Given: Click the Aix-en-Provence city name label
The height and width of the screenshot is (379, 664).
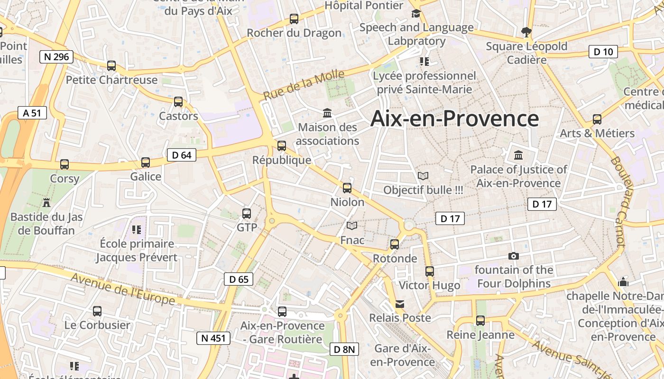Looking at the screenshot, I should (454, 118).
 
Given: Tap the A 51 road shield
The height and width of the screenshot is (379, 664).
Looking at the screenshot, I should (32, 113).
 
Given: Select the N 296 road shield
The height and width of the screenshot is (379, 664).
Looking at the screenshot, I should (56, 57).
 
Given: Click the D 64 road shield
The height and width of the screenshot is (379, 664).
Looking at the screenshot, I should (182, 155).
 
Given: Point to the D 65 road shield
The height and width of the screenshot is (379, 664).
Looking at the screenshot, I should (239, 280).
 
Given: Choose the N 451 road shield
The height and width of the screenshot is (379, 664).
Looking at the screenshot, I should (213, 338).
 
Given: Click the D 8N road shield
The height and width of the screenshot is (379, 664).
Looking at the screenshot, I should (344, 350).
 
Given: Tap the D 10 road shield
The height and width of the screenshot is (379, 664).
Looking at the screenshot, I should (603, 52).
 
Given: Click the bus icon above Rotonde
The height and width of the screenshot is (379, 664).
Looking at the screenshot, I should (395, 244).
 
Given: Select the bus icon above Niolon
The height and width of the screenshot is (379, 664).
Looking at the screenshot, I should (347, 188).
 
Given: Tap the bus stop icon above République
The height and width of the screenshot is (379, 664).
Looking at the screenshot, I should (282, 146).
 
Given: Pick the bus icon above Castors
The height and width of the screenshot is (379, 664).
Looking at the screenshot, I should (178, 102).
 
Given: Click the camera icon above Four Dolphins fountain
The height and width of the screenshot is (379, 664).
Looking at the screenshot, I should (513, 256).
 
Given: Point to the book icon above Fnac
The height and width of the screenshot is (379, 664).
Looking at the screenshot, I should (352, 226).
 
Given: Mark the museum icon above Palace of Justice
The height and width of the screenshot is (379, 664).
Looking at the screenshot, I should (518, 155).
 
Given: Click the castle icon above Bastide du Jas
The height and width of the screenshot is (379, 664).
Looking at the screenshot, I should (46, 203).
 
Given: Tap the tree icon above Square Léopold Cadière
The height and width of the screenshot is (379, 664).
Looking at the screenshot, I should (526, 32).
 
